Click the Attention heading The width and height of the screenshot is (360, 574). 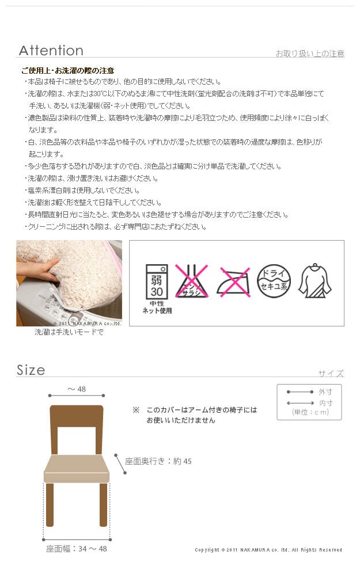(51, 51)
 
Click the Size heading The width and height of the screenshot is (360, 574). (31, 370)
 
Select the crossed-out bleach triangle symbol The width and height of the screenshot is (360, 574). (192, 281)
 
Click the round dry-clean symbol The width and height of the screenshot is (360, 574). (274, 281)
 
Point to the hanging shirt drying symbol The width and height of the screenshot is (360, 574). (314, 280)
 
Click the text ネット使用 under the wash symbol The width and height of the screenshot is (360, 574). (157, 311)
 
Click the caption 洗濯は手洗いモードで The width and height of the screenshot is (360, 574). (69, 332)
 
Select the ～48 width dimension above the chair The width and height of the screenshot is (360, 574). (77, 390)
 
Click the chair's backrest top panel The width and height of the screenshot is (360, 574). (77, 416)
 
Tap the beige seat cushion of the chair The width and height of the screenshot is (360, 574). (77, 468)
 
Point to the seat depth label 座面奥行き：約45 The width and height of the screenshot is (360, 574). (158, 461)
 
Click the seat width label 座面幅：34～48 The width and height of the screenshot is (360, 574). (77, 549)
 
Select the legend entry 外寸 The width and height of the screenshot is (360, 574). (325, 392)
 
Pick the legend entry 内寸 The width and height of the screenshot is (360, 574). (325, 403)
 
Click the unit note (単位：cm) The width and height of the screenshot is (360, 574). (310, 412)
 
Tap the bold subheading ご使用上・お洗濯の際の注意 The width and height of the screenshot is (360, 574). (68, 71)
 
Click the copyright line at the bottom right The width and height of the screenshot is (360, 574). (268, 550)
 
